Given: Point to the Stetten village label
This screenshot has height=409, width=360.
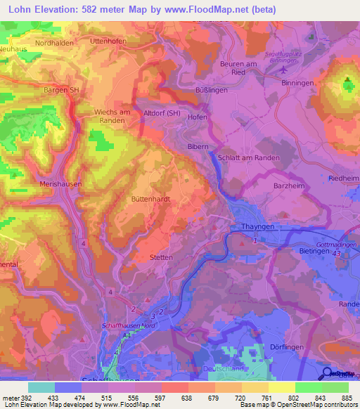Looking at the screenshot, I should [x=161, y=257].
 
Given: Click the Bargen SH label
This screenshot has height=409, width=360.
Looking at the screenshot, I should [x=60, y=90].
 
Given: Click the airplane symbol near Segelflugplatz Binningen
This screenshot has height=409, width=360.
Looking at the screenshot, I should [x=283, y=70].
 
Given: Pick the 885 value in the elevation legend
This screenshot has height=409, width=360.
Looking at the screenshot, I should [x=347, y=398].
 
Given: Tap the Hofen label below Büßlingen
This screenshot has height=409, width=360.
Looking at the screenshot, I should [x=198, y=117].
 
